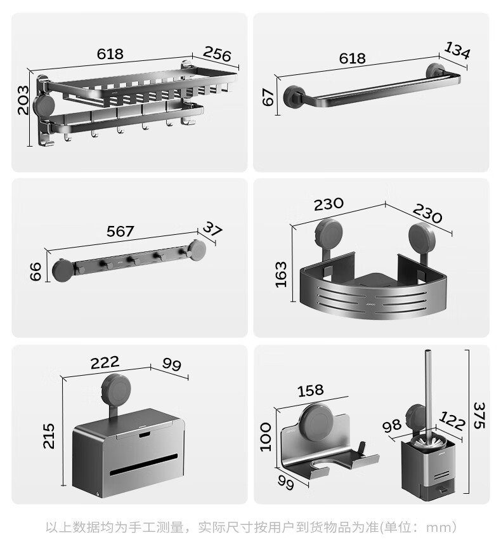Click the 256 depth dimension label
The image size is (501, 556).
[x=217, y=54]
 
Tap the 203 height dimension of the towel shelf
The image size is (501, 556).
[x=23, y=100]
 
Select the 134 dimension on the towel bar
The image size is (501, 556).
[x=457, y=50]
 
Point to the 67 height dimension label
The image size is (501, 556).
[x=268, y=97]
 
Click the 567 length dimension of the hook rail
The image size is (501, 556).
[x=120, y=231]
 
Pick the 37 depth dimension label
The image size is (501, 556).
[x=212, y=228]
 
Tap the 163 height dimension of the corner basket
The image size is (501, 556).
[x=280, y=275]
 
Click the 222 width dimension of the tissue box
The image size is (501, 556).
[x=105, y=362]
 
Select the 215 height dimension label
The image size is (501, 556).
[x=49, y=436]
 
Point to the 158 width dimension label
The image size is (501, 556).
[x=311, y=390]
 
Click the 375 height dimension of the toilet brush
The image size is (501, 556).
[x=479, y=415]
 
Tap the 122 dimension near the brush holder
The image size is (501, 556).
[x=452, y=421]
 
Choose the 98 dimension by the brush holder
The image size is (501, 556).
[x=392, y=425]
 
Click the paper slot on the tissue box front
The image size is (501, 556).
[x=143, y=465]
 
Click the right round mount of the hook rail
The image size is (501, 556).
[x=197, y=250]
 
